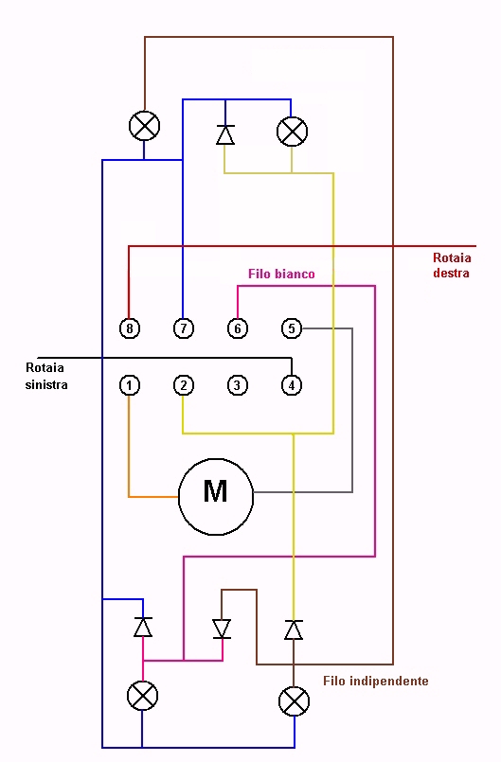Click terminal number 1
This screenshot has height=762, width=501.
pos(130,385)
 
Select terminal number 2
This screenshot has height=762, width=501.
pos(184,385)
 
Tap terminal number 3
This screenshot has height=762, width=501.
pos(238,385)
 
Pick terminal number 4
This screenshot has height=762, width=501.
pos(292,385)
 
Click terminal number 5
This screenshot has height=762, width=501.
pos(292,328)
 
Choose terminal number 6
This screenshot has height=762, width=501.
pos(238,328)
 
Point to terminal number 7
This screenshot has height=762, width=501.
pos(184,328)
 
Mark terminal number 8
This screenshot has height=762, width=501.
pos(130,328)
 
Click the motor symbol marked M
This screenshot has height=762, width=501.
pos(216,497)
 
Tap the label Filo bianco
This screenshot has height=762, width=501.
pos(281,274)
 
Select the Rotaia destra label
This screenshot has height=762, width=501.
pos(452,265)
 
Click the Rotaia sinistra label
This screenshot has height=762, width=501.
pos(46,376)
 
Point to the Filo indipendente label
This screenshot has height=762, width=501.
pos(375,681)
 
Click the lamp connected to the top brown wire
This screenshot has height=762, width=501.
pos(144,126)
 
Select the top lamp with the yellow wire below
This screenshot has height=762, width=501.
pos(292,132)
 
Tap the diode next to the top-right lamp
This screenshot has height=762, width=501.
pos(225,134)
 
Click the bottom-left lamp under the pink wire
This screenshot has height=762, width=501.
pos(142,696)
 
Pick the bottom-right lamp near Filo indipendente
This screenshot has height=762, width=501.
pos(294,701)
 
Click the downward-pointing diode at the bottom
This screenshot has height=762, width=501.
pos(222,629)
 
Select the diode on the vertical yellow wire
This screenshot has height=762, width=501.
pos(294,629)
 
